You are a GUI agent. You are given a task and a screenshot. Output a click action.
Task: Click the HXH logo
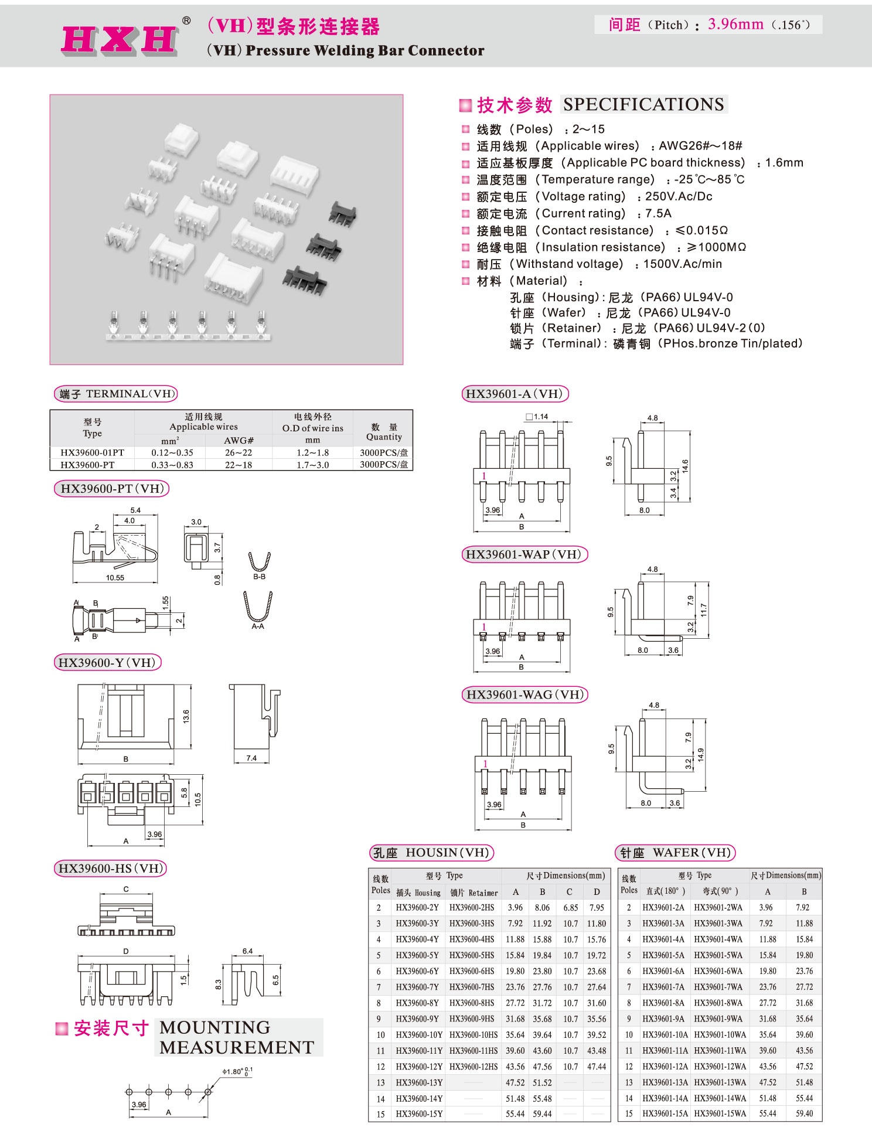(120, 39)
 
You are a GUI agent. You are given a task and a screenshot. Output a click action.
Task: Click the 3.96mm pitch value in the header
(735, 25)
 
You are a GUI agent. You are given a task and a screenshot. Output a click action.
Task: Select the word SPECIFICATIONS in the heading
(643, 104)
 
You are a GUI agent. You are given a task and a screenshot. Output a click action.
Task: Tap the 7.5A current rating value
(658, 213)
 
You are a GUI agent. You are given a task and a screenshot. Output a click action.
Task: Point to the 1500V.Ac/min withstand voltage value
(682, 264)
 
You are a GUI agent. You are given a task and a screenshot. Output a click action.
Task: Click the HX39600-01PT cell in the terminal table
(92, 452)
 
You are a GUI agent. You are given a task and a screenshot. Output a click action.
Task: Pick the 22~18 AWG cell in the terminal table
(238, 465)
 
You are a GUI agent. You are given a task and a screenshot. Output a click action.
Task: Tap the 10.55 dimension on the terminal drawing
(115, 578)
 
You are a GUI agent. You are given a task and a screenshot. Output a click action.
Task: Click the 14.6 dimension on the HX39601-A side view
(685, 466)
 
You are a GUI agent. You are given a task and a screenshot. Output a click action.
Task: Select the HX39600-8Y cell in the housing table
(417, 1003)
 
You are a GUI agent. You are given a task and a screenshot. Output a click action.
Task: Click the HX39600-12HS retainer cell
(473, 1067)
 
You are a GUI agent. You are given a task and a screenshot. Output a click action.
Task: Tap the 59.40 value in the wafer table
(804, 1113)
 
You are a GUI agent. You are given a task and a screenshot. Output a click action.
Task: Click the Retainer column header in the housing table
(474, 893)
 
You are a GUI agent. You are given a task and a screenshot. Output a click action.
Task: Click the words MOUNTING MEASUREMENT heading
(237, 1037)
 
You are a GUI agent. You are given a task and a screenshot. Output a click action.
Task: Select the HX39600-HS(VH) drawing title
(110, 868)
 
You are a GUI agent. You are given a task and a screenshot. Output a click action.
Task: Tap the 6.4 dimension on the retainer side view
(247, 951)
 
